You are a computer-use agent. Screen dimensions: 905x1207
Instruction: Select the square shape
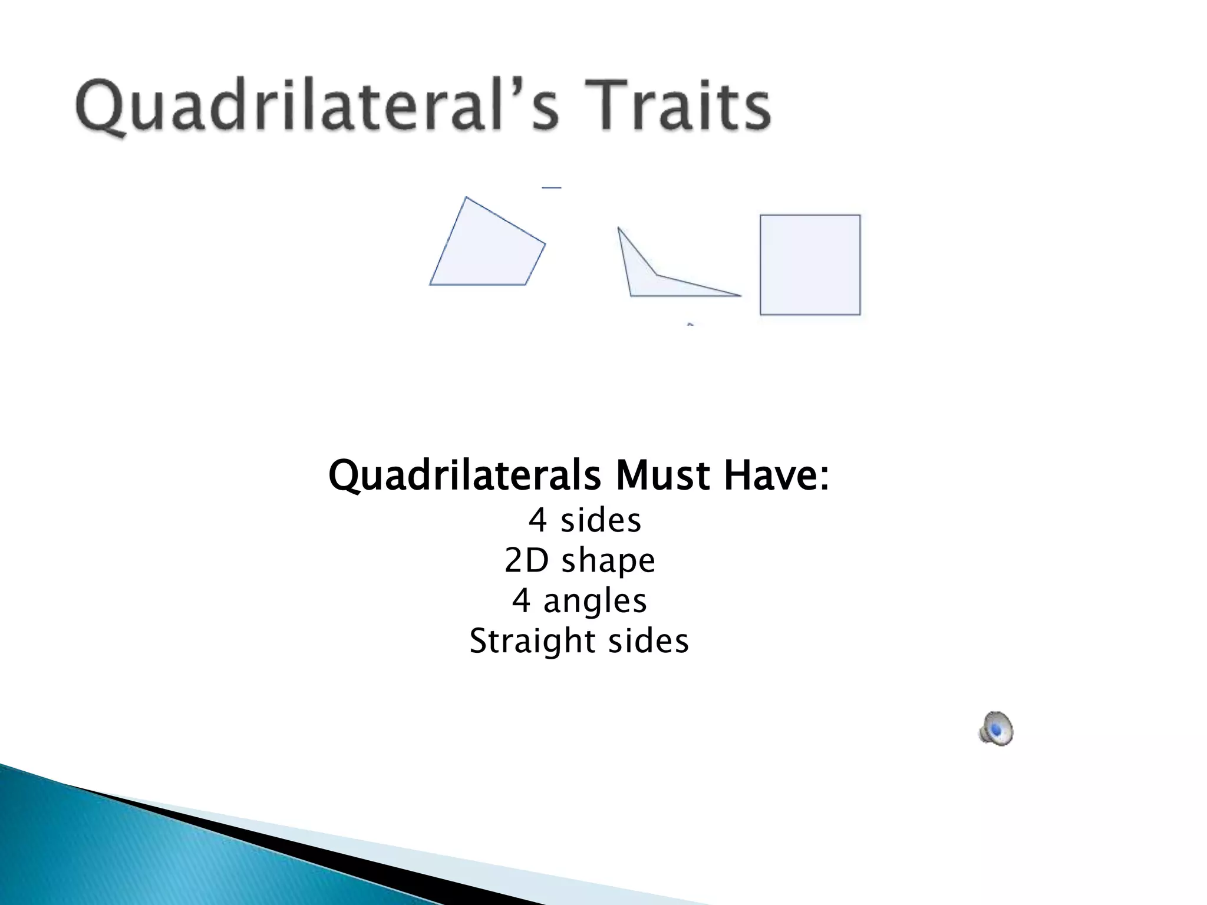coord(810,265)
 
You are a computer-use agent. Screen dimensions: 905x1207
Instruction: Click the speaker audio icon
coord(996,728)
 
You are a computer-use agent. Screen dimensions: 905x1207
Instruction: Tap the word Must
coord(662,475)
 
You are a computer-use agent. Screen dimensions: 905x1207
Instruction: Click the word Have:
coord(776,475)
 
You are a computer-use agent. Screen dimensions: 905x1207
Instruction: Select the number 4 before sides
coord(537,521)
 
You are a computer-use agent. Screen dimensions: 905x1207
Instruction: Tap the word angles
coord(595,602)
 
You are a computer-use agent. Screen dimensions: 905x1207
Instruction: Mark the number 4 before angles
coord(521,601)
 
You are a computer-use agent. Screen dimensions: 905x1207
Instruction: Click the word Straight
coord(532,641)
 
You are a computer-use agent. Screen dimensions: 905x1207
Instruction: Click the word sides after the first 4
coord(601,521)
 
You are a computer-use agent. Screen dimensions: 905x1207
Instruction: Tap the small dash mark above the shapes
coord(552,188)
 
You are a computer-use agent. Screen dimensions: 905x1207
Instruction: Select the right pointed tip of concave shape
coord(740,295)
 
